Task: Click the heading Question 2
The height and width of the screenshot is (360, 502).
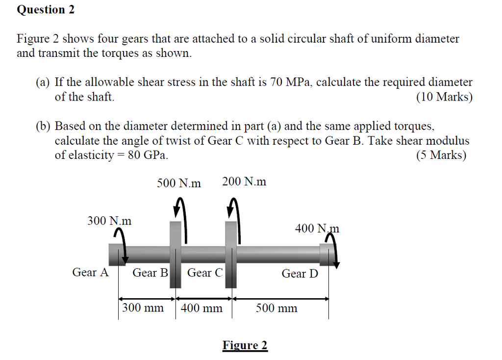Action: [x=46, y=10]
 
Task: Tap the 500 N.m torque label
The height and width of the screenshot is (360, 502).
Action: [x=179, y=183]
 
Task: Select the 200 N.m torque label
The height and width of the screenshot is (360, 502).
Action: [x=244, y=181]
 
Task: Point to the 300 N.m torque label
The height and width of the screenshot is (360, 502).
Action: [x=109, y=221]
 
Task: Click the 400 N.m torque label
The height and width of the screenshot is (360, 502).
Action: [x=317, y=229]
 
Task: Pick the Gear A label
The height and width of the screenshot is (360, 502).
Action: [x=90, y=272]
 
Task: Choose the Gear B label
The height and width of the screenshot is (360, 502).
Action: [x=150, y=273]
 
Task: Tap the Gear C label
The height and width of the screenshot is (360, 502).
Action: [x=205, y=273]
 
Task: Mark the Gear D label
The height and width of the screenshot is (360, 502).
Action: [x=300, y=274]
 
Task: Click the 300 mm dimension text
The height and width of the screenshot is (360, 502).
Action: [x=143, y=308]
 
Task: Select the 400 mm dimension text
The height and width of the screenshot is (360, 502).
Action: [x=201, y=308]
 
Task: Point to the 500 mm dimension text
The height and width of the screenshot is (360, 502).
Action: [x=276, y=308]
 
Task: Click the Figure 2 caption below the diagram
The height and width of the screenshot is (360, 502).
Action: [x=245, y=345]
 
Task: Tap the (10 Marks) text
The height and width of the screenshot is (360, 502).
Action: [x=444, y=97]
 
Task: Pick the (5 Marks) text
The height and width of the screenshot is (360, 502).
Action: [x=441, y=155]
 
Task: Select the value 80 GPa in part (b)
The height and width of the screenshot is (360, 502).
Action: [x=148, y=155]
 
